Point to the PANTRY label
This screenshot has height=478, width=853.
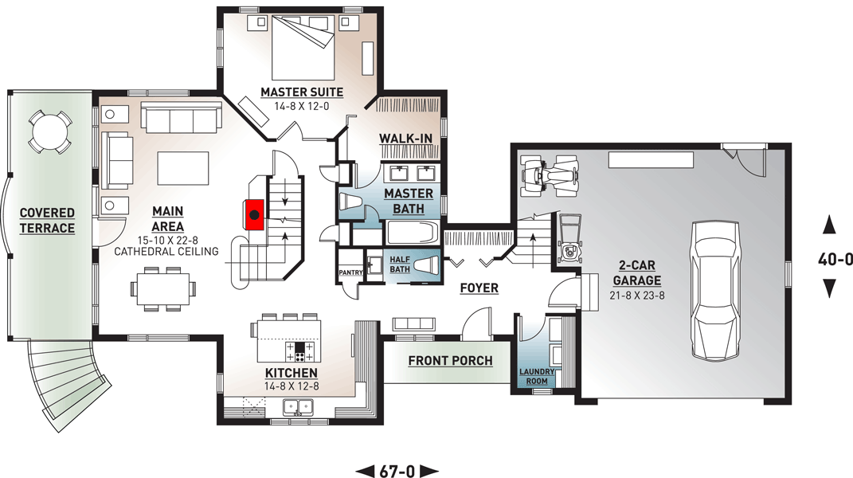[x=350, y=272]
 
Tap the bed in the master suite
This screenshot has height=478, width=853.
[x=303, y=43]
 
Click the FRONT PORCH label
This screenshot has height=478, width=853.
[x=450, y=361]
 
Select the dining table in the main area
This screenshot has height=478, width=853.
[x=166, y=288]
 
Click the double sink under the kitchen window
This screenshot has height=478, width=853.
[x=299, y=407]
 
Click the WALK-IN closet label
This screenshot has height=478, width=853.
[x=405, y=139]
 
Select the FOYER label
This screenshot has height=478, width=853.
[x=479, y=288]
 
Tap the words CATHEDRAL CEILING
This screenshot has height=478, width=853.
[x=166, y=252]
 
